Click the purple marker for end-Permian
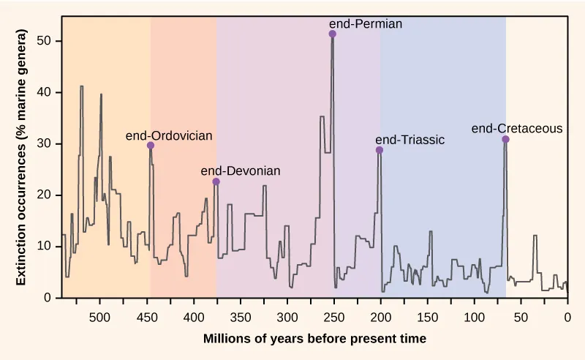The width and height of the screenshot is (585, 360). (x=333, y=34)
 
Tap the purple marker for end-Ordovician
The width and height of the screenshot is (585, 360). (x=151, y=146)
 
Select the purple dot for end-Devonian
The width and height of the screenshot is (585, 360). (x=216, y=181)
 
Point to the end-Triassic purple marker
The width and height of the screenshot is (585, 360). (x=380, y=150)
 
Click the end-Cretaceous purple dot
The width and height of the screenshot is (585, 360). (x=505, y=140)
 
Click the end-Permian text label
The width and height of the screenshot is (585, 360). (x=366, y=23)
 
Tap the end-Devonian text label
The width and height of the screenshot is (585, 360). (x=240, y=170)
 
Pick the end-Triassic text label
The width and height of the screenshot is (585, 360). (x=409, y=140)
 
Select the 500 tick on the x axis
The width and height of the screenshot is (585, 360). (x=99, y=318)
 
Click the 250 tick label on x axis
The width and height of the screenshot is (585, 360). (x=333, y=318)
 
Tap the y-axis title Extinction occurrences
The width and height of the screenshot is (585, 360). (x=21, y=157)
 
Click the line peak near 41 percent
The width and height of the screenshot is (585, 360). (x=81, y=86)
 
